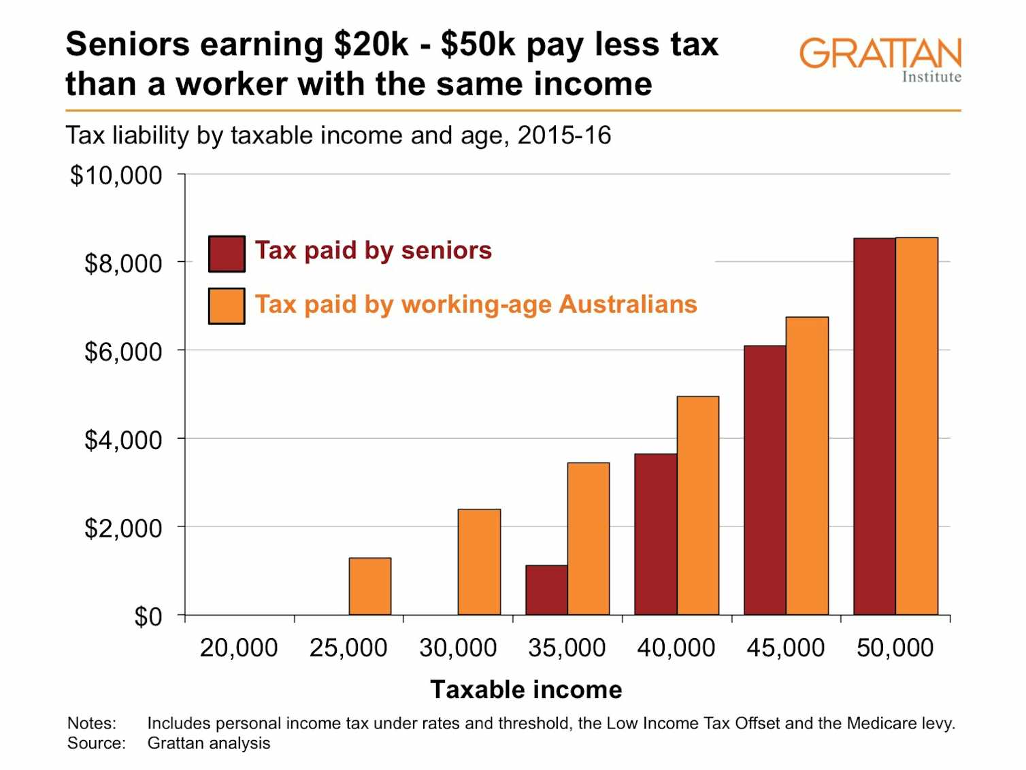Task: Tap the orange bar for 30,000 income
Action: pos(479,562)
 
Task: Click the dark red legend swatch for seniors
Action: pos(227,254)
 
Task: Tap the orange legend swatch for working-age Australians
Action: pos(227,306)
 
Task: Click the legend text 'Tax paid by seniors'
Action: pos(373,250)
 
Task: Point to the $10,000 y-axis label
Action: pos(116,175)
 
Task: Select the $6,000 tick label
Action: pos(122,352)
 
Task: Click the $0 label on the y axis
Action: pos(148,616)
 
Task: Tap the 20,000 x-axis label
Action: pos(239,648)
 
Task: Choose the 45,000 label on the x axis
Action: pos(785,648)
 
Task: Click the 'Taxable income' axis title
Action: pos(526,689)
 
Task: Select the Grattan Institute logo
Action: pos(880,59)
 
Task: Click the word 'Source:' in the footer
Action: pos(97,743)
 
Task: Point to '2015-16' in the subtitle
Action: pos(564,135)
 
